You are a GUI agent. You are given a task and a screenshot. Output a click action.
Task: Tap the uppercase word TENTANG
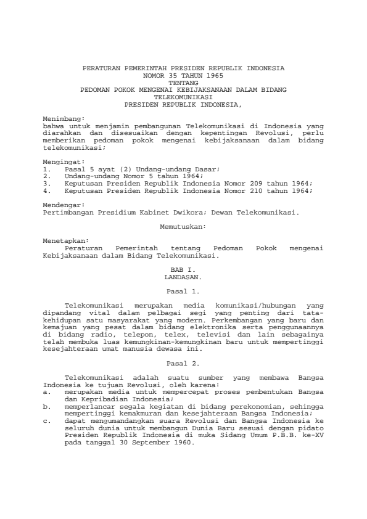(183, 81)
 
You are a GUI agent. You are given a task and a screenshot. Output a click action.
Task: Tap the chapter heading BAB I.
(183, 269)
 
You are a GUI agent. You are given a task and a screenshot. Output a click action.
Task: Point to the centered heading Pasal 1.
(183, 290)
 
